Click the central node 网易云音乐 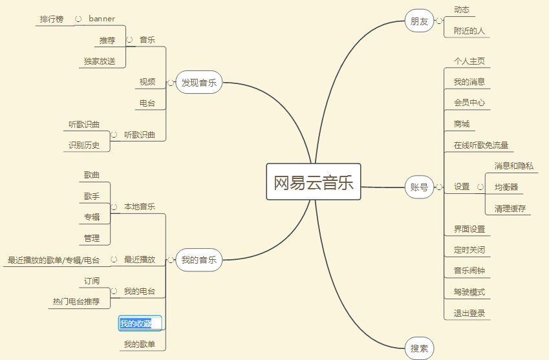[314, 183]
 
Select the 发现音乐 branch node [199, 83]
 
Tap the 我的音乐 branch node [199, 260]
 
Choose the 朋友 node [419, 21]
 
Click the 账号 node [419, 187]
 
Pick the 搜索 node [419, 348]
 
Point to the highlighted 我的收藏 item [140, 323]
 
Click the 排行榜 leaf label [52, 19]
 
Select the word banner [102, 19]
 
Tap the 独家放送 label [100, 61]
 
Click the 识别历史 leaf [84, 145]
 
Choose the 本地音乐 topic [140, 206]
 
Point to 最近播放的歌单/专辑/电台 [54, 260]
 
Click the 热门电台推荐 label [76, 301]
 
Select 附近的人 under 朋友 [469, 30]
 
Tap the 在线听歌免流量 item [481, 145]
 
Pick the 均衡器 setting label [506, 187]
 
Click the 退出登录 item [469, 313]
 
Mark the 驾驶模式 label [469, 292]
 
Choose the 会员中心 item [469, 102]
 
